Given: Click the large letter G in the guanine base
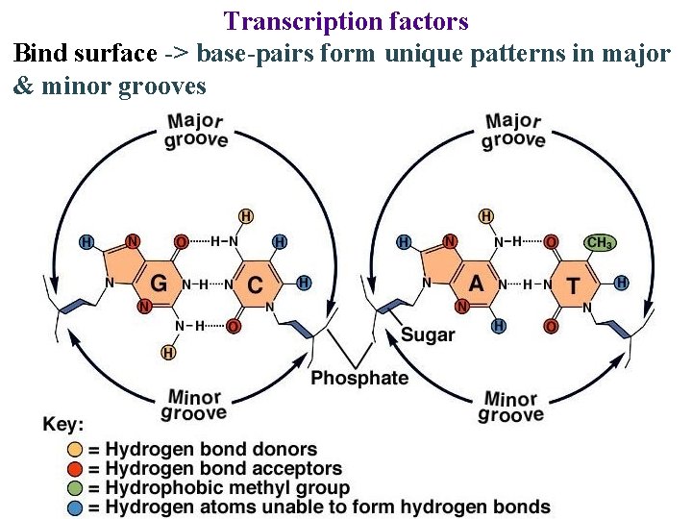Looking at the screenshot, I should pos(161,284).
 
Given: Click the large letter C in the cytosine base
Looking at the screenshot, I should pos(255,284).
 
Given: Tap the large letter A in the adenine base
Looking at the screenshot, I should pos(477,284).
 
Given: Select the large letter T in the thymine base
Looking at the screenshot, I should pos(573,284).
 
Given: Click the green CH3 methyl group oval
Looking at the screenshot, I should pos(599,243).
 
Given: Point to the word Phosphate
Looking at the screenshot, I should pos(359,378).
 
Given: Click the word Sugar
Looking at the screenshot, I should pos(428,335).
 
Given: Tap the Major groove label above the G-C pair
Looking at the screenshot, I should pos(197,131).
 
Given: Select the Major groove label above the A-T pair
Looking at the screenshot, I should pos(513,131).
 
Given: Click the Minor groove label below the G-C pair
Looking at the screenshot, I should pos(195,405).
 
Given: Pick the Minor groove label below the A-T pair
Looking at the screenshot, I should pos(510,407).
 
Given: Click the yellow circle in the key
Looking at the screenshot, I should pos(74,449).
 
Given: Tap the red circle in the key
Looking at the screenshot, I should pos(74,468).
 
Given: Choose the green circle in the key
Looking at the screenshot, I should pos(74,487).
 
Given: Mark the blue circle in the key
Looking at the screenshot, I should pos(74,507).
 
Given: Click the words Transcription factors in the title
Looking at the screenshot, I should pos(346,20).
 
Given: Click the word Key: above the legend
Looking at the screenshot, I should pos(64,424).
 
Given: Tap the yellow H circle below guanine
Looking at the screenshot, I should pos(169,353).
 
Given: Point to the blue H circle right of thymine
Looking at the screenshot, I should pos(622,283).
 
